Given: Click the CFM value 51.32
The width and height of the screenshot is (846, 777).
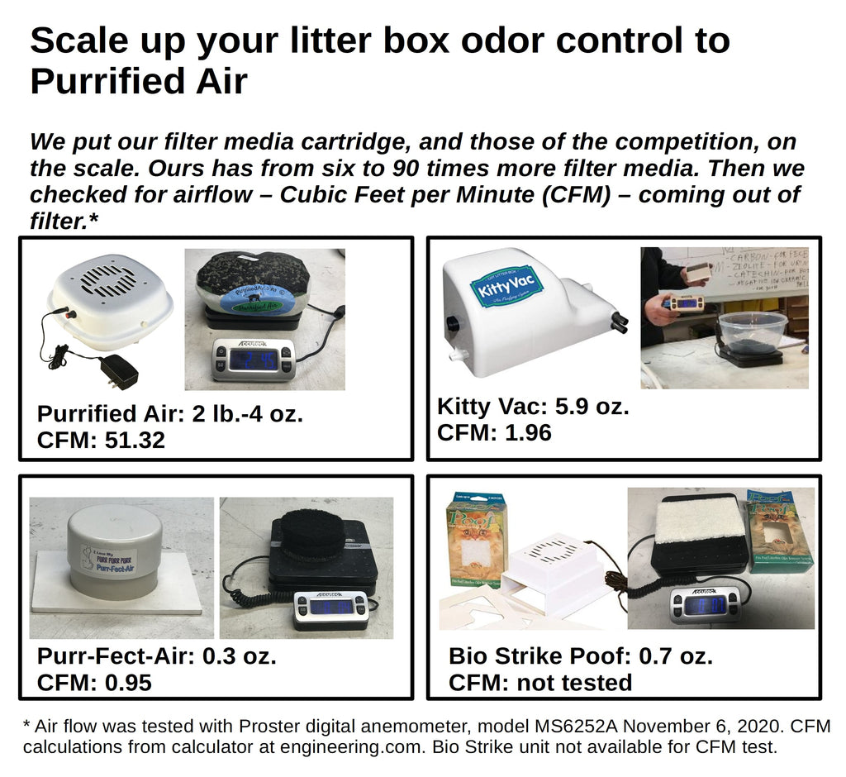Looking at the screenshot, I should click(x=135, y=440).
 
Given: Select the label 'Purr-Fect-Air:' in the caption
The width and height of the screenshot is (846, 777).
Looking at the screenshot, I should click(x=116, y=656).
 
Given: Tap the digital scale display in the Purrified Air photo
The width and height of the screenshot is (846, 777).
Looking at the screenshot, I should click(x=252, y=360).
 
